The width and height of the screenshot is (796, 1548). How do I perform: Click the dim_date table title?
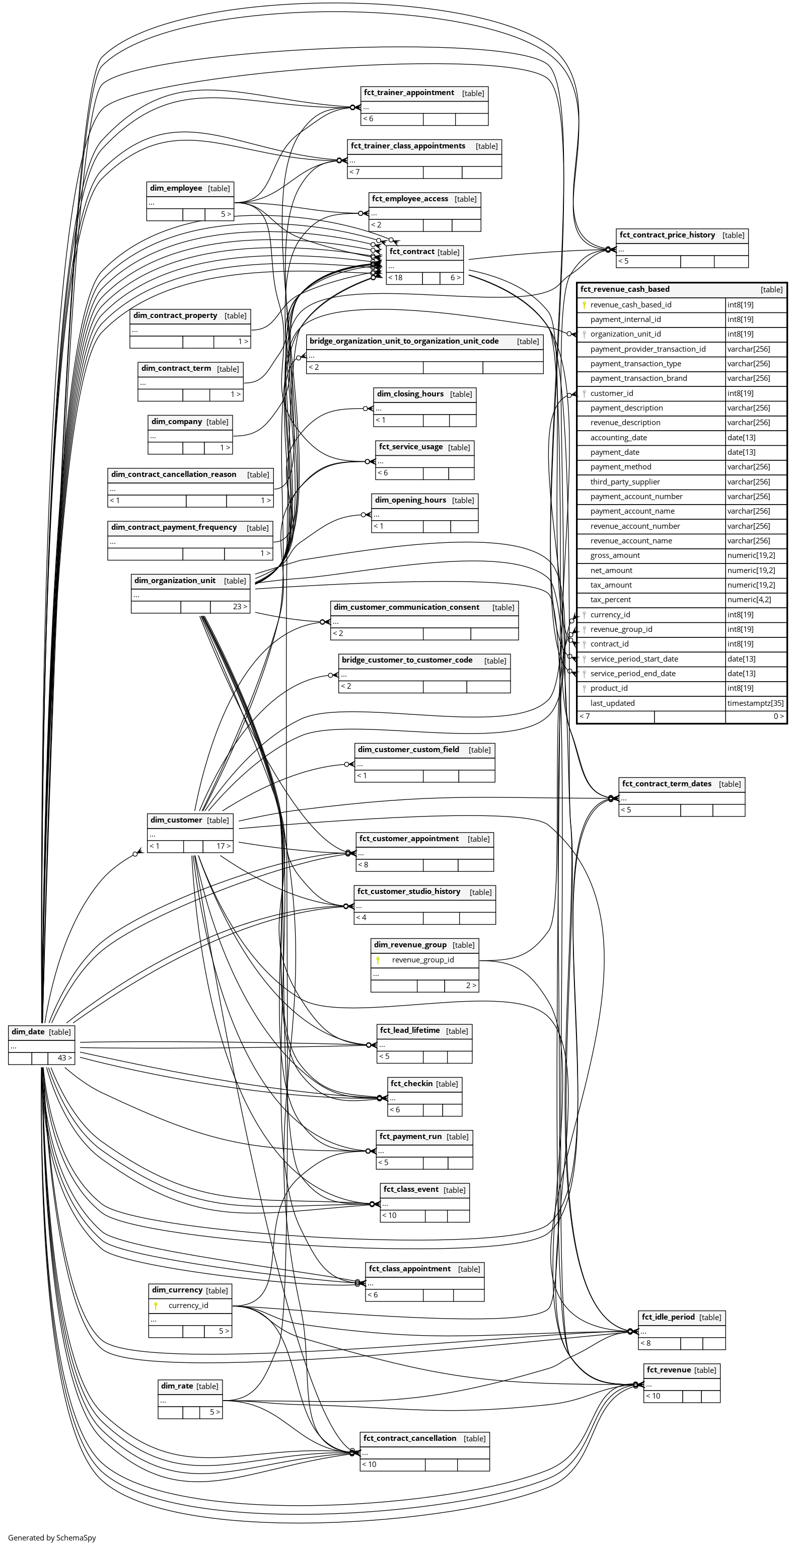[28, 1032]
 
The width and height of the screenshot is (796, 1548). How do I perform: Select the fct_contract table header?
[412, 252]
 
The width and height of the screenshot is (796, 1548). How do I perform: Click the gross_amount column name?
[615, 555]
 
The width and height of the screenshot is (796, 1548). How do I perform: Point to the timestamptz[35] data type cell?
[755, 703]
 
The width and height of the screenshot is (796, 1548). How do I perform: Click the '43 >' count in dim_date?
[64, 1057]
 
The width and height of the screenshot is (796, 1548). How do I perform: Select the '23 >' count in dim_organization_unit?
[240, 606]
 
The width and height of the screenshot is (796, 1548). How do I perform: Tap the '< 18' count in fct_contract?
[395, 278]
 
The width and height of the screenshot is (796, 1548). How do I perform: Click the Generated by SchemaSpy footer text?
[52, 1538]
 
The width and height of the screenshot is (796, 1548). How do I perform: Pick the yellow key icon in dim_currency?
[156, 1305]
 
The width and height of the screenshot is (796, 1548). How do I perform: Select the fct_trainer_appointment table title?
[409, 93]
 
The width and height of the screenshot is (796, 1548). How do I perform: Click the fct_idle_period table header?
[668, 1317]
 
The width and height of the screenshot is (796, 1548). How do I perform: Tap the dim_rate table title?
[177, 1386]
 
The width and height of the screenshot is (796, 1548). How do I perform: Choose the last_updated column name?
[612, 703]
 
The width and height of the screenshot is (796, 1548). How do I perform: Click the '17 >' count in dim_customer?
[224, 846]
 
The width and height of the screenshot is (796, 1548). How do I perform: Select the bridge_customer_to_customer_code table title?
[407, 660]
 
